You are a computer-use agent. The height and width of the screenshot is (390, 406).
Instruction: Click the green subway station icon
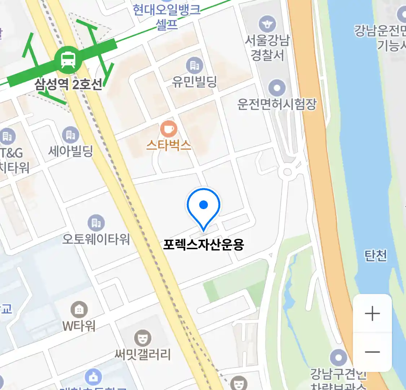(x=68, y=59)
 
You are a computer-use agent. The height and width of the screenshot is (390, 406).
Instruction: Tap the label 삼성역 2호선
(x=68, y=84)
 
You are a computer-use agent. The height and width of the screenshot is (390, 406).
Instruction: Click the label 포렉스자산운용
(x=204, y=245)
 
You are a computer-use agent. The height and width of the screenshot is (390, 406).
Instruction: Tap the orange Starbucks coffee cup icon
(x=169, y=129)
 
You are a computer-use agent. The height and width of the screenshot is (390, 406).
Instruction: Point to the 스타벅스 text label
(x=169, y=145)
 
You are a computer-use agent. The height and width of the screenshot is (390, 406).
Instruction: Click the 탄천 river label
(x=375, y=255)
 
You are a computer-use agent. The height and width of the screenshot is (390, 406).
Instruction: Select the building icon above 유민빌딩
(x=195, y=65)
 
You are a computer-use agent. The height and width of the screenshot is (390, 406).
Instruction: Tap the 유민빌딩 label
(x=194, y=82)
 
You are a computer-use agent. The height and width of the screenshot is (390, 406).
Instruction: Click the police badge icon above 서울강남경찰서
(x=267, y=24)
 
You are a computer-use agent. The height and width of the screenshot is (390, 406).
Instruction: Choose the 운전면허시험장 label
(x=277, y=104)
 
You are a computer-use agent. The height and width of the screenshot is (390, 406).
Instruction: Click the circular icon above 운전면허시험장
(x=277, y=88)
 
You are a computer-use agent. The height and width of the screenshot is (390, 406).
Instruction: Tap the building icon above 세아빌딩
(x=71, y=135)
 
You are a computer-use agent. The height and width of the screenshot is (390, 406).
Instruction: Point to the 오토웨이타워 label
(x=96, y=239)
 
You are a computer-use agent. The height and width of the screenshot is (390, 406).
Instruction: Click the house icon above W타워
(x=79, y=309)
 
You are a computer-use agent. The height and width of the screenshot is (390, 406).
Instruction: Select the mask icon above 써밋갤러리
(x=143, y=338)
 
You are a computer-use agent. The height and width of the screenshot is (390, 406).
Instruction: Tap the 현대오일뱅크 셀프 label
(x=167, y=16)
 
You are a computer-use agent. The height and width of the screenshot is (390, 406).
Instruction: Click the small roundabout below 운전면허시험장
(x=287, y=172)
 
